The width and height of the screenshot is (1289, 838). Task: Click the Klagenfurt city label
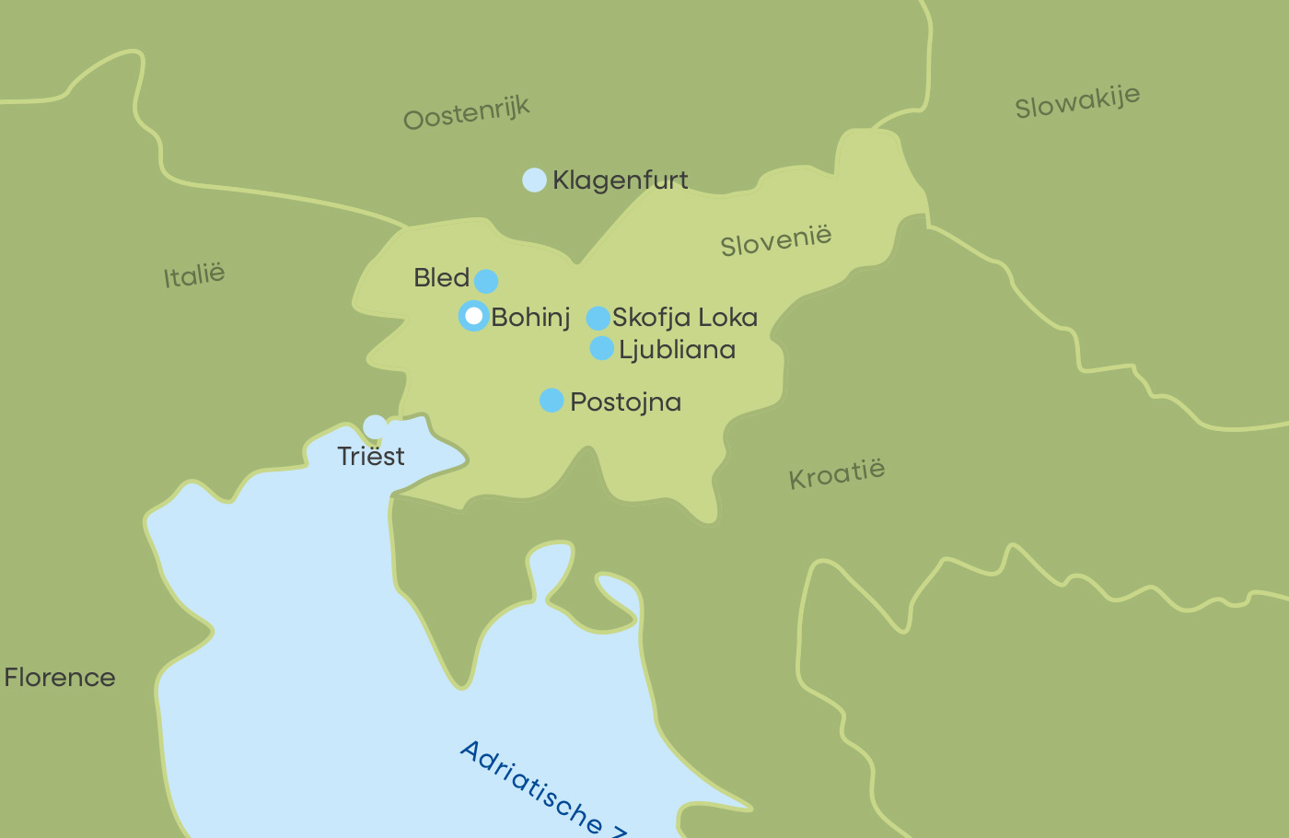tap(620, 180)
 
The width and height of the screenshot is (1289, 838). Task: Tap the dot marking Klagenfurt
tap(534, 180)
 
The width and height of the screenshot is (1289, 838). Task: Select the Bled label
tap(441, 277)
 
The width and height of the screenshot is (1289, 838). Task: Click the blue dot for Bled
tap(486, 281)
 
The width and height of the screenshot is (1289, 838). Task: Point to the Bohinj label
tap(530, 318)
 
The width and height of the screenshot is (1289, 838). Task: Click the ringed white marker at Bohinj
tap(474, 316)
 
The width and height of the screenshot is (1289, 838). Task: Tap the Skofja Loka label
tap(685, 318)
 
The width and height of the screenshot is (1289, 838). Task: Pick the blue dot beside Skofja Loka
tap(598, 319)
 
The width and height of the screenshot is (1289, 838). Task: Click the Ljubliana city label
tap(677, 350)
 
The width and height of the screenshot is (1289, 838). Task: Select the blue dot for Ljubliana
tap(601, 348)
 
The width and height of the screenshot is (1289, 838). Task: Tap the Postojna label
tap(625, 402)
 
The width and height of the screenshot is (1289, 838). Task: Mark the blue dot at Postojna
tap(552, 401)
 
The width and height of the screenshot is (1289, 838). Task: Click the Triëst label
tap(371, 456)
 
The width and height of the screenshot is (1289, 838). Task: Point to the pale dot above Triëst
tap(375, 426)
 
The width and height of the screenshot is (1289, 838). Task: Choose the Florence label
tap(60, 678)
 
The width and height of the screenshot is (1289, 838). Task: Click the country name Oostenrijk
tap(467, 113)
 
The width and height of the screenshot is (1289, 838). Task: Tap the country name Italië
tap(194, 275)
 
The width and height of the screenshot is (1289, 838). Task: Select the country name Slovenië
tap(775, 240)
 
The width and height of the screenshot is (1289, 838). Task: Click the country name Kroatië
tap(837, 474)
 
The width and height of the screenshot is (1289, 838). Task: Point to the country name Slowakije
tap(1077, 101)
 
